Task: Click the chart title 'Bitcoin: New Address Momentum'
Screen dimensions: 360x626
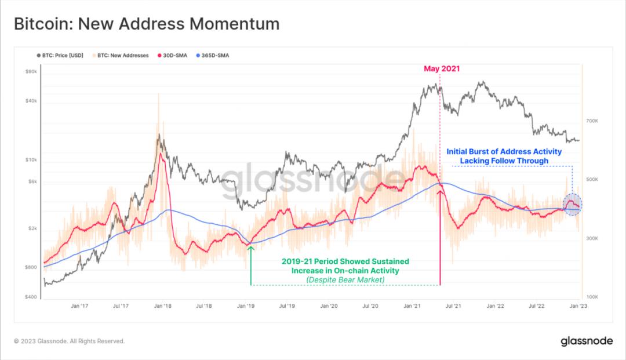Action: [146, 24]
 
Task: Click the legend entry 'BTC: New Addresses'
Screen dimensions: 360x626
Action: [122, 56]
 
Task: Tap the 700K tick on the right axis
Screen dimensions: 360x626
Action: [592, 121]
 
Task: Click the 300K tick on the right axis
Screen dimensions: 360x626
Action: [592, 238]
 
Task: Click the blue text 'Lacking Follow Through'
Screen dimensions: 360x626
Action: [504, 161]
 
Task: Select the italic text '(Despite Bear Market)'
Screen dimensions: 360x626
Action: [345, 280]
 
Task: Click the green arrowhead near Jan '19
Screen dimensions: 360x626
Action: [251, 248]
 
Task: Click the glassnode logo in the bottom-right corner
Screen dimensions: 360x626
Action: [587, 341]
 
